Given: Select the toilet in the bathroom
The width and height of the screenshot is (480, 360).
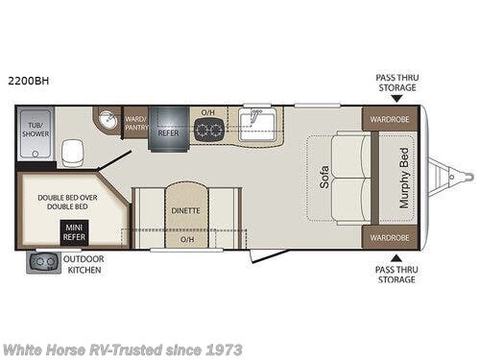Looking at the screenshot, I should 71,151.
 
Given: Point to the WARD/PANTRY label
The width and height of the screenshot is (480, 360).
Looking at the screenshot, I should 135,123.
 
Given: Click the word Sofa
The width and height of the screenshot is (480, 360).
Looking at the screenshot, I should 324,179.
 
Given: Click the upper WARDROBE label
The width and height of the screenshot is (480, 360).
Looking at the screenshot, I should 390,121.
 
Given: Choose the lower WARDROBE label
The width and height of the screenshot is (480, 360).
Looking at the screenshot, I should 390,237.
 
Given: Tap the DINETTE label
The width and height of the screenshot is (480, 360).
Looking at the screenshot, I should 186,209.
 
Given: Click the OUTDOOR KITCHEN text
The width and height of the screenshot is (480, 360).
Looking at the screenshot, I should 84,264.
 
